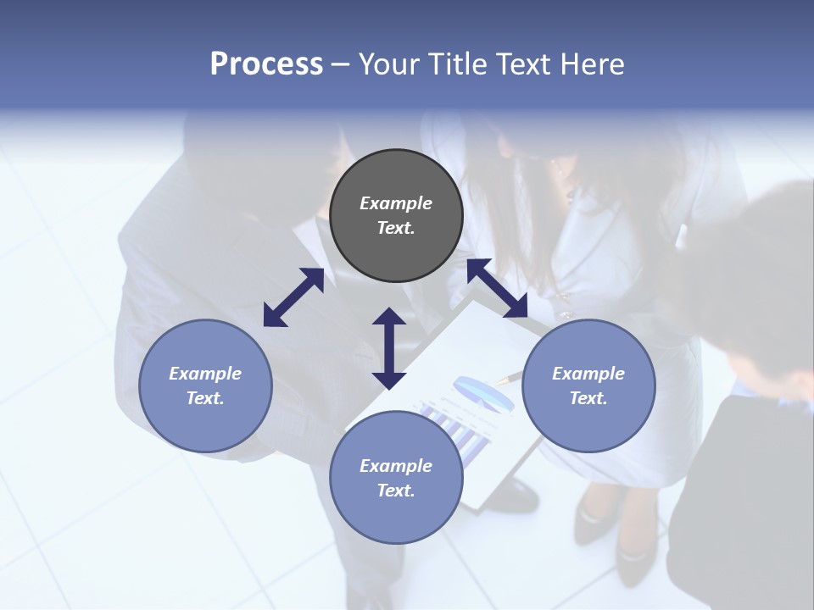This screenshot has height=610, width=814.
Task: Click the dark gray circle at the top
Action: [396, 216]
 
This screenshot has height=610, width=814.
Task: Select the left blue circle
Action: [205, 385]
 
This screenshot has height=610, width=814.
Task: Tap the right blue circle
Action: [588, 385]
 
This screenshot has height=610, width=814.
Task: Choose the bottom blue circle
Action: [396, 478]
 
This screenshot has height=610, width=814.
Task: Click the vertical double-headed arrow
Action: [389, 348]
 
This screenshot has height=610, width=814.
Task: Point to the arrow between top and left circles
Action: [293, 297]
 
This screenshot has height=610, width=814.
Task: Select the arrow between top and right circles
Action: [497, 288]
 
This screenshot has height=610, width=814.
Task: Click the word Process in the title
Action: [266, 64]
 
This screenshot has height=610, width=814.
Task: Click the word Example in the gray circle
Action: [396, 203]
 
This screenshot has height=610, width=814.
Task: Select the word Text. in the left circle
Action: [205, 398]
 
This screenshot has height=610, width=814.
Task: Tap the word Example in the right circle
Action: [588, 374]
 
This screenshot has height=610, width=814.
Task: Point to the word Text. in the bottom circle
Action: [396, 491]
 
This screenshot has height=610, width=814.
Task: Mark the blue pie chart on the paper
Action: [483, 394]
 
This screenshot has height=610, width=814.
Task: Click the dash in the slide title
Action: [341, 64]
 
